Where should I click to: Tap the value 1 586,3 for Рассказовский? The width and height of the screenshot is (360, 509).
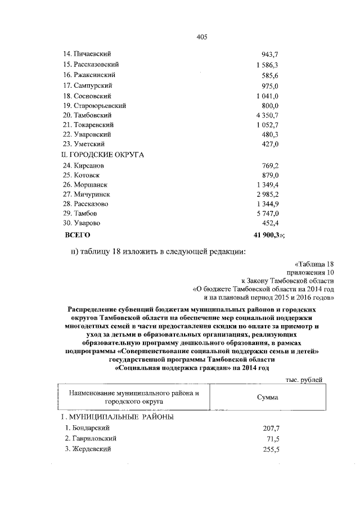[x=268, y=65]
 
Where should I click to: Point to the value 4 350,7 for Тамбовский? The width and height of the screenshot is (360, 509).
[x=268, y=115]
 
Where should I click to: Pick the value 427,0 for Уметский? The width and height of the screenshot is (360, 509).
[x=271, y=145]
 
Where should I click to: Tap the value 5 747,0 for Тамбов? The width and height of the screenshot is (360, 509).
[x=268, y=214]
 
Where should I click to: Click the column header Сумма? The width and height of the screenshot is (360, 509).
[x=268, y=397]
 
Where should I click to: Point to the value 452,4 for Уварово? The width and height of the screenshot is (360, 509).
[x=271, y=224]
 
